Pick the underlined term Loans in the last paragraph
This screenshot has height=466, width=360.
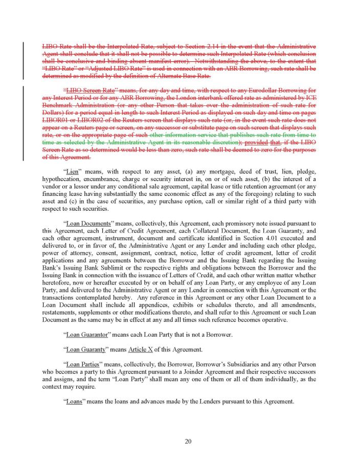(x=75, y=401)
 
